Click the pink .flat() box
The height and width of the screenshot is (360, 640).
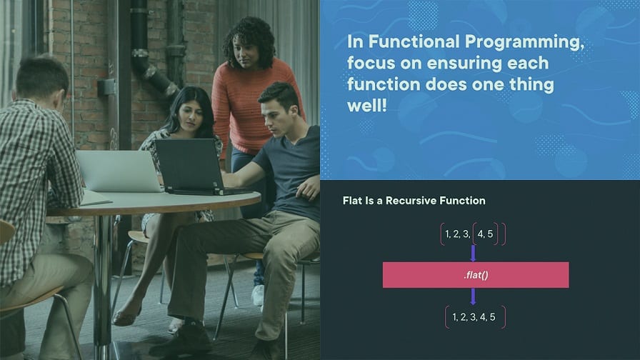476,275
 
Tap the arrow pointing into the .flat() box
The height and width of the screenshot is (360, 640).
473,253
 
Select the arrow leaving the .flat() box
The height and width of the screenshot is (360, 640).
473,296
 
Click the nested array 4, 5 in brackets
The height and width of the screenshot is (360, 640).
485,234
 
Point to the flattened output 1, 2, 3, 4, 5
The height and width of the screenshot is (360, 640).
475,316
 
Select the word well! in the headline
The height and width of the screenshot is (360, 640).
367,105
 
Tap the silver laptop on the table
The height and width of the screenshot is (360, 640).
119,171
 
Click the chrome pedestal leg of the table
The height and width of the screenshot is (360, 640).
101,286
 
